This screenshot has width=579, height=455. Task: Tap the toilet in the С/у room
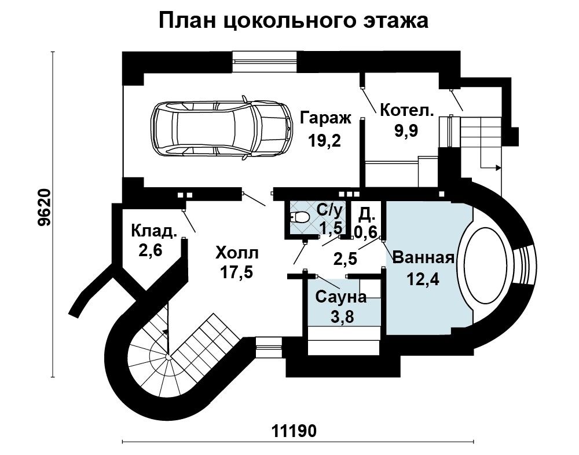(299, 217)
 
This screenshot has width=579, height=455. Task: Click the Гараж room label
(325, 118)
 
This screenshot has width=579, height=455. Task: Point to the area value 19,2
(325, 141)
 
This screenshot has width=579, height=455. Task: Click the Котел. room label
(407, 111)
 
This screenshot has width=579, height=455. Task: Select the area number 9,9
(406, 130)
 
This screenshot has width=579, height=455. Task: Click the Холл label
(237, 253)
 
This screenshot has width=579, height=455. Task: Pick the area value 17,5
(237, 272)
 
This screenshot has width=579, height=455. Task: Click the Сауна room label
(341, 297)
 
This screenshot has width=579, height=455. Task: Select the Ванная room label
(423, 257)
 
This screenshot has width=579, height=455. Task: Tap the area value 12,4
(423, 279)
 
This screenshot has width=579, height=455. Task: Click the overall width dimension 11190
(294, 431)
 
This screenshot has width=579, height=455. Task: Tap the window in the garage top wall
(265, 61)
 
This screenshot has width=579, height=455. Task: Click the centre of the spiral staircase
(168, 356)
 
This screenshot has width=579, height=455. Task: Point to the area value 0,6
(365, 232)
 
